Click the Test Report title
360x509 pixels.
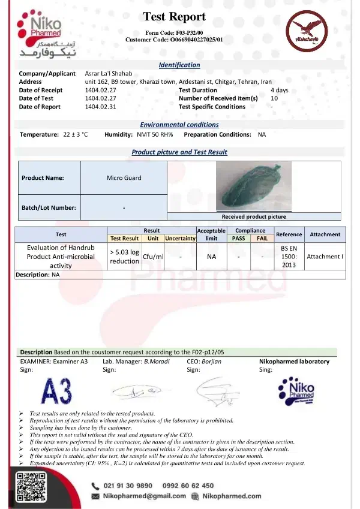[175, 17]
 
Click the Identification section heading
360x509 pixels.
[179, 65]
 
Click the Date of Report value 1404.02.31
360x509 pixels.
[100, 107]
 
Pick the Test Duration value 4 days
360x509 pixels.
[279, 90]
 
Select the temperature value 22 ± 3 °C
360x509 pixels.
[76, 134]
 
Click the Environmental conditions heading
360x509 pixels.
[179, 125]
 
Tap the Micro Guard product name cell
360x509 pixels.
[124, 177]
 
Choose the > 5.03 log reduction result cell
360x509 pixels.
[124, 257]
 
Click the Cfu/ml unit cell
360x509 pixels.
[154, 257]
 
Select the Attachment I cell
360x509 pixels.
[325, 257]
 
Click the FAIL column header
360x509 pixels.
[262, 238]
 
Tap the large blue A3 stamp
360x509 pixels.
[58, 391]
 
